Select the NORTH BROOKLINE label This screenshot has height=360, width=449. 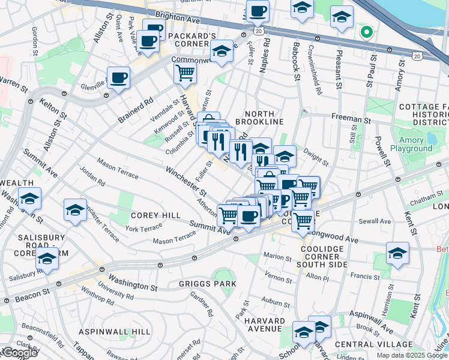pos(259,118)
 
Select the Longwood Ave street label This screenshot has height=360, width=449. pos(336,241)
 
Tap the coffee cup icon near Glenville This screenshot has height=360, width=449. pos(118,78)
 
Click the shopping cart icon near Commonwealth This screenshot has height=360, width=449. pos(185,73)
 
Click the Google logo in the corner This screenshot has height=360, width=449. pos(19,353)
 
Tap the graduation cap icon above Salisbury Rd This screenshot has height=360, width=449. pos(47,259)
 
